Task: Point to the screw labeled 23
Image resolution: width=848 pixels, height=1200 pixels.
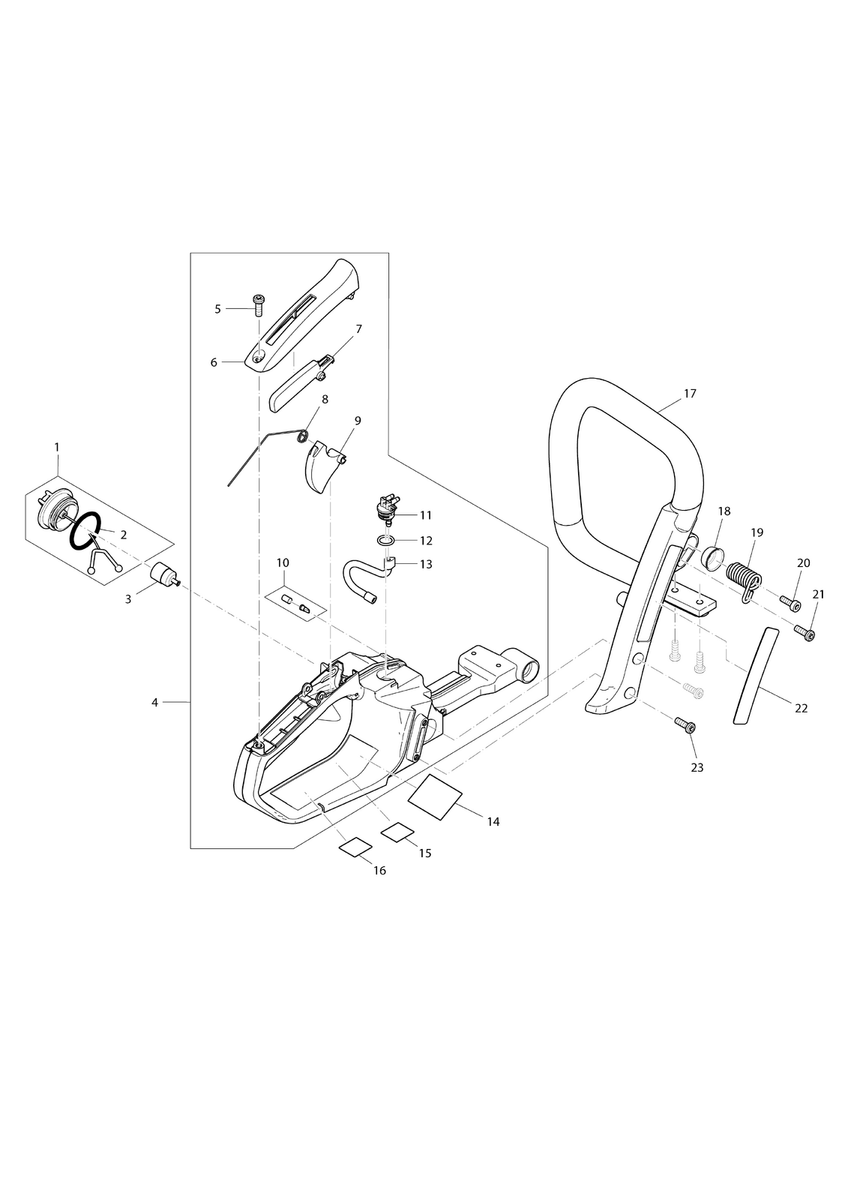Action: click(686, 727)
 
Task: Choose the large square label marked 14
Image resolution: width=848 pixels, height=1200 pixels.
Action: click(435, 796)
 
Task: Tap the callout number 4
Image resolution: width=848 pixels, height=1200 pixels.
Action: click(154, 702)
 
